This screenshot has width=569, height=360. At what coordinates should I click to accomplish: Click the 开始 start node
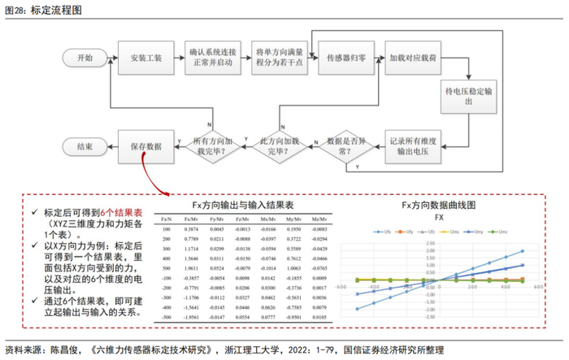85,59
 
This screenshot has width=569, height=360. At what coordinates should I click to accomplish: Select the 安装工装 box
146,59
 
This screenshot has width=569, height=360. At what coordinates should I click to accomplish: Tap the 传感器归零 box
345,59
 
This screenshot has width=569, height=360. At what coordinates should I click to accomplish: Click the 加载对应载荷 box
413,59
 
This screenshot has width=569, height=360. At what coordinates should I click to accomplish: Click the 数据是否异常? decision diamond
347,146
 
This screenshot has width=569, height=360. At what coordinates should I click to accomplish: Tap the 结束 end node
85,146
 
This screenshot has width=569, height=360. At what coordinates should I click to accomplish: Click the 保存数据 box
146,146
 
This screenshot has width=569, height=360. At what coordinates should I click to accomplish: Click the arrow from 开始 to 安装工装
109,59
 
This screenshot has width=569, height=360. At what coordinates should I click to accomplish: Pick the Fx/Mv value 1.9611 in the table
193,266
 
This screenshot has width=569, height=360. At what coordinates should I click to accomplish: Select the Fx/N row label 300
166,248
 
